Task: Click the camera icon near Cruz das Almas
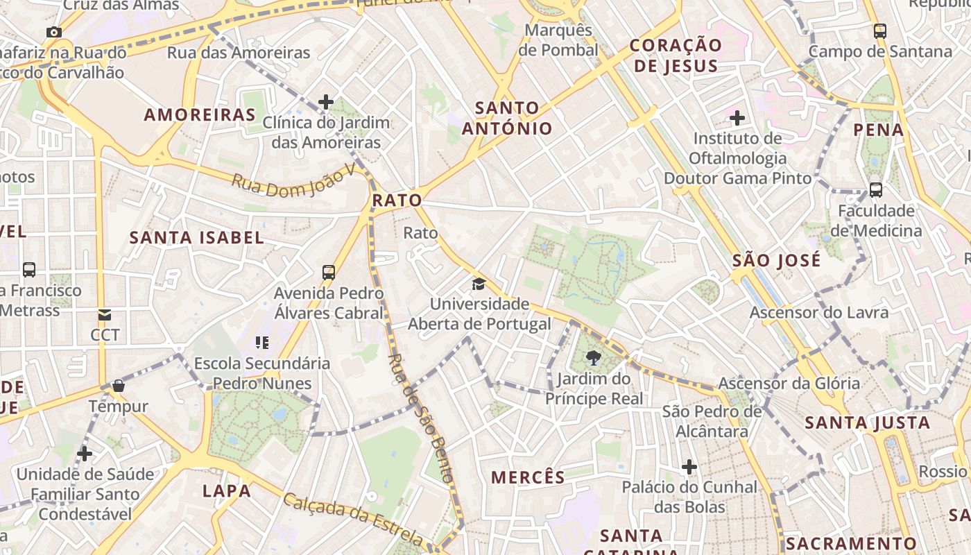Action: [x=53, y=32]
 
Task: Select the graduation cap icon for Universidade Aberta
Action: [x=479, y=284]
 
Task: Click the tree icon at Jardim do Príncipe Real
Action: [x=593, y=358]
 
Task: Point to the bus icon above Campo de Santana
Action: [x=879, y=31]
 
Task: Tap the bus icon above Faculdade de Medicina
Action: [x=875, y=189]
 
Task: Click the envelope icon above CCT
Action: [x=105, y=315]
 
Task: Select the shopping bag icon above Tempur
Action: [x=119, y=386]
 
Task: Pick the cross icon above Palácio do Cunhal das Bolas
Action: [x=689, y=467]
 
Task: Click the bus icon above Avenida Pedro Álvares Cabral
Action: [x=329, y=273]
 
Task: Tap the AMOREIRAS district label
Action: [x=200, y=115]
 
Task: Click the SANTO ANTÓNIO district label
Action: [x=507, y=118]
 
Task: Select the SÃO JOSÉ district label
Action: [x=777, y=261]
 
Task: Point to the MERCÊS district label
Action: [x=529, y=477]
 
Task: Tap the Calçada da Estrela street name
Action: [x=353, y=518]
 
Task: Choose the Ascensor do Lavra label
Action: [x=818, y=313]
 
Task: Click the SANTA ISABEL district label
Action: [x=197, y=238]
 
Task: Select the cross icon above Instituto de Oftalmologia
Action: [x=737, y=118]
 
